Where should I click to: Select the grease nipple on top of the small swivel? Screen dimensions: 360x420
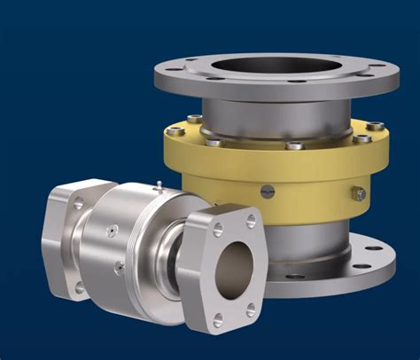[156, 187]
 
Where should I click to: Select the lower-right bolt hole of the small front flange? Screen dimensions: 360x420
[251, 309]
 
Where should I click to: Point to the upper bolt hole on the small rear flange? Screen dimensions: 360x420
[79, 204]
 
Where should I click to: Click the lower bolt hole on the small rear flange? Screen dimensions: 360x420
[80, 287]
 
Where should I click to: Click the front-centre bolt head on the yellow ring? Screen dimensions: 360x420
[294, 145]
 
